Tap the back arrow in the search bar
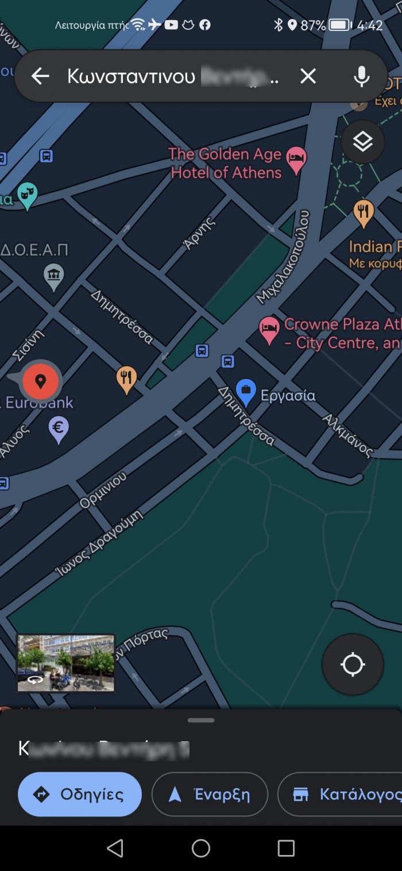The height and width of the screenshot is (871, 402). (x=40, y=76)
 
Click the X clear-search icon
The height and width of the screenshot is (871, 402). (x=308, y=76)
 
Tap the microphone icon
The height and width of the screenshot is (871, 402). (x=361, y=76)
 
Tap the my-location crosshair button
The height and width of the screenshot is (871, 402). (x=353, y=664)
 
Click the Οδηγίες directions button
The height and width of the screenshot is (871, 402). (x=80, y=794)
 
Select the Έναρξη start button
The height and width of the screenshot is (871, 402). (x=210, y=794)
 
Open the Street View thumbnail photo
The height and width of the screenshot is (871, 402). (x=65, y=663)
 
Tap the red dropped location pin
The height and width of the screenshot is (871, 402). (x=40, y=381)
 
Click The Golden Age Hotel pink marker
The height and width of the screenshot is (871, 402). (x=296, y=160)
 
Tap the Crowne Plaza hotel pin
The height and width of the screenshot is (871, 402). (x=269, y=329)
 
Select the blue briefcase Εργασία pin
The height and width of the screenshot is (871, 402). (x=246, y=392)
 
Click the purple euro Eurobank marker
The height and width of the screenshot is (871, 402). (x=58, y=428)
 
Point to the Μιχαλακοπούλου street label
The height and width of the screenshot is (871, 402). (x=284, y=257)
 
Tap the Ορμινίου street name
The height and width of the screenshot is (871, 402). (x=103, y=490)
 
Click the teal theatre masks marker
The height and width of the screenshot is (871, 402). (x=26, y=195)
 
